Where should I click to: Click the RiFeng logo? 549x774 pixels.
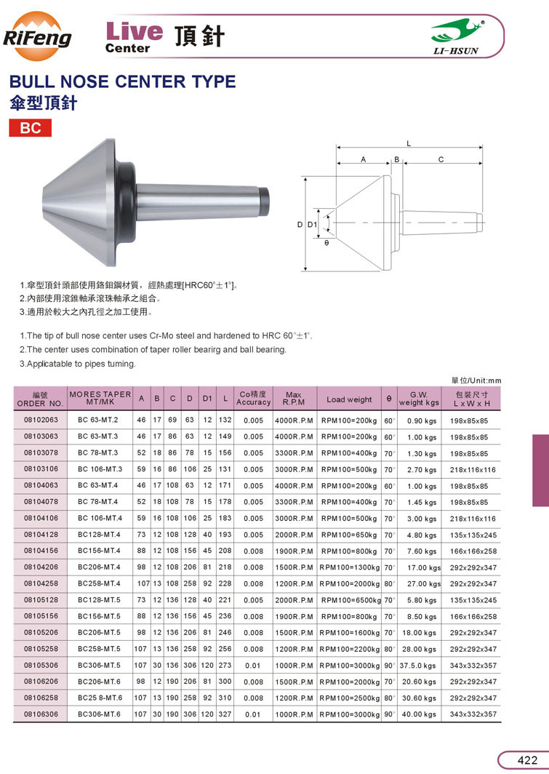pyautogui.click(x=37, y=36)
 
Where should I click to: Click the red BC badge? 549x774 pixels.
pyautogui.click(x=30, y=128)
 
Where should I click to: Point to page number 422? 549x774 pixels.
pyautogui.click(x=527, y=759)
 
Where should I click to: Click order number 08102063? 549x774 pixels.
pyautogui.click(x=41, y=420)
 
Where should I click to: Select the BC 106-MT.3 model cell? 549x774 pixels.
pyautogui.click(x=100, y=469)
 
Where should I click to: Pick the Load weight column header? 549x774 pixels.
pyautogui.click(x=349, y=399)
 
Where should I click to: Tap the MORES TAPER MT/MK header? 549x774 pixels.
pyautogui.click(x=100, y=398)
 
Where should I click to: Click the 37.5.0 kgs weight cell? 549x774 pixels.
pyautogui.click(x=417, y=666)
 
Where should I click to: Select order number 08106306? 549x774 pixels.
pyautogui.click(x=41, y=714)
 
